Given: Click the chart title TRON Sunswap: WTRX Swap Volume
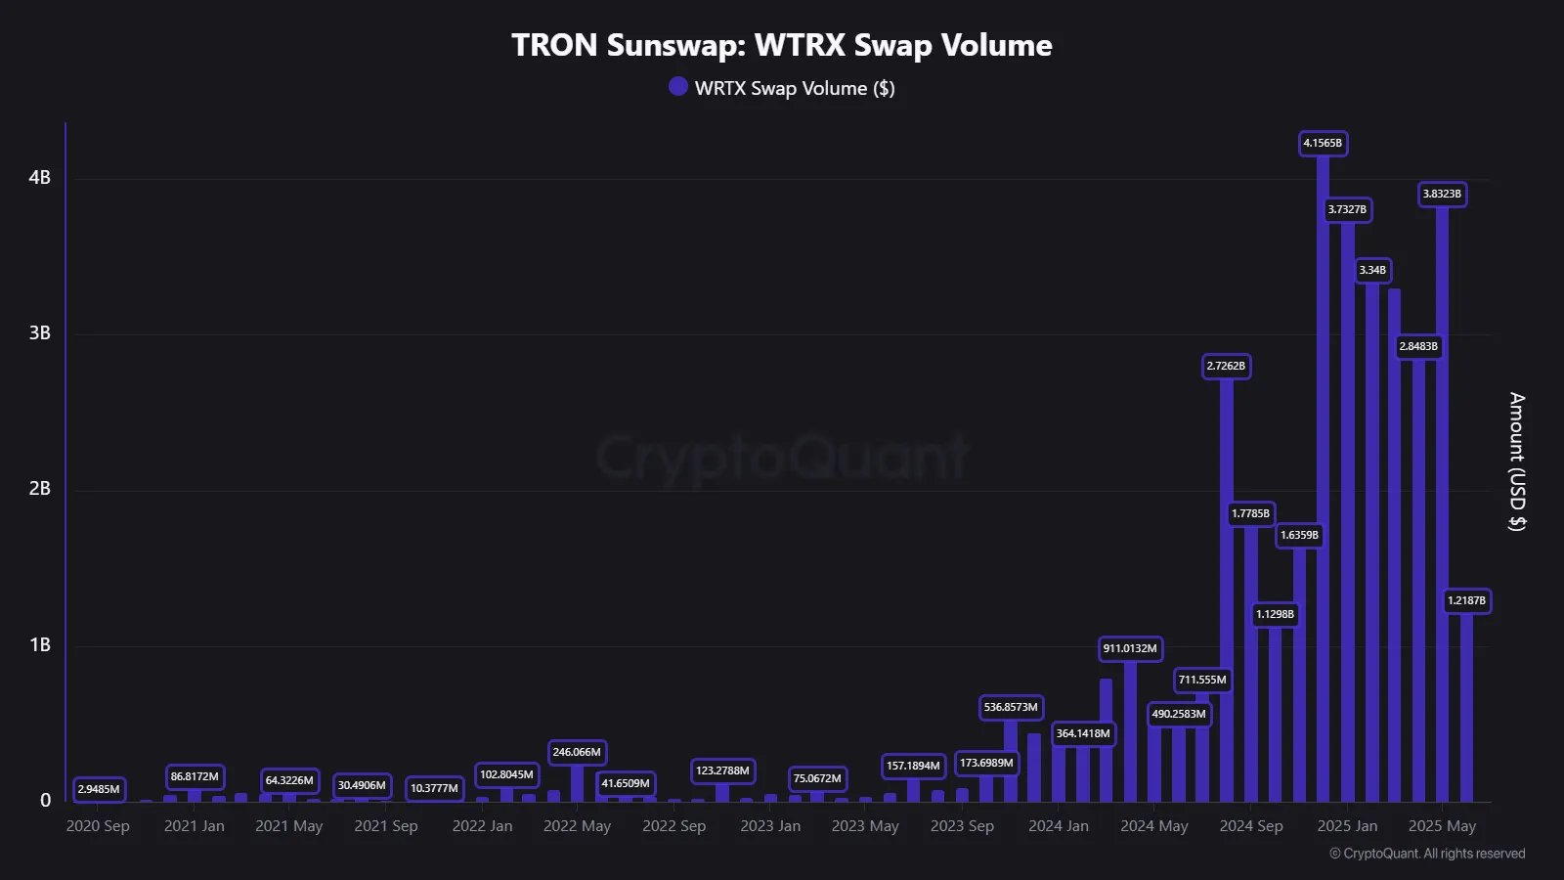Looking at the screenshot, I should (x=781, y=45).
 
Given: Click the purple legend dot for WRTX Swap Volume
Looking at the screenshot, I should (x=678, y=86).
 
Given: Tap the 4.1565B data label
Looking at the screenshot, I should (x=1323, y=143).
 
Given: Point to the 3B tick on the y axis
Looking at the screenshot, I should (x=39, y=332).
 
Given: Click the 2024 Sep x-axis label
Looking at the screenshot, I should (x=1250, y=826).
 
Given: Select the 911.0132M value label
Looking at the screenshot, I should (x=1130, y=648).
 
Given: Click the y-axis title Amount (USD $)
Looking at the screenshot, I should (x=1516, y=462).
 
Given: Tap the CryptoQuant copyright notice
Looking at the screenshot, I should (x=1426, y=854).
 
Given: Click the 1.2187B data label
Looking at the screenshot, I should (x=1466, y=600).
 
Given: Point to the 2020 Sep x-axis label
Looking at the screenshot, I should (x=98, y=826).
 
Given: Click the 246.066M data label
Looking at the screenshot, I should (x=577, y=752).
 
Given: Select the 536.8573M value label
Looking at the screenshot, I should (x=1011, y=707).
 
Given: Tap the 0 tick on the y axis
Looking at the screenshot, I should (x=45, y=800).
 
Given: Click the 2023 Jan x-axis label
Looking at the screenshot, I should (x=770, y=826).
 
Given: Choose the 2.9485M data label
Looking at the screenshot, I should (x=99, y=789).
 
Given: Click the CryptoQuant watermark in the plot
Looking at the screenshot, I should (x=782, y=458).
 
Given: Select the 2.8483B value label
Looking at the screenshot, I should (x=1418, y=346).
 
